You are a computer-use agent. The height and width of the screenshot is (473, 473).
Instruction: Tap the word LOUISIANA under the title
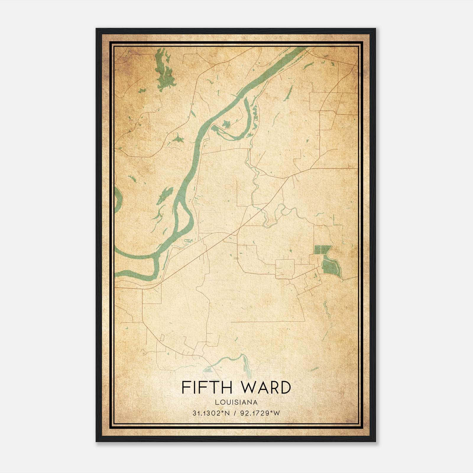coord(236,402)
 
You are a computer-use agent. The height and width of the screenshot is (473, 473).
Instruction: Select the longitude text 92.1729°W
coord(259,413)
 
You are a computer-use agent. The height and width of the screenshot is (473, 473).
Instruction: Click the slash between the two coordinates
coord(235,413)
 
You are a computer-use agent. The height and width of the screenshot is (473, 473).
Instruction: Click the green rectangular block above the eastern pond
coord(322,250)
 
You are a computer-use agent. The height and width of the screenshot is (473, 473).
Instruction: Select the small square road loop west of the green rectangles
coord(285,269)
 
